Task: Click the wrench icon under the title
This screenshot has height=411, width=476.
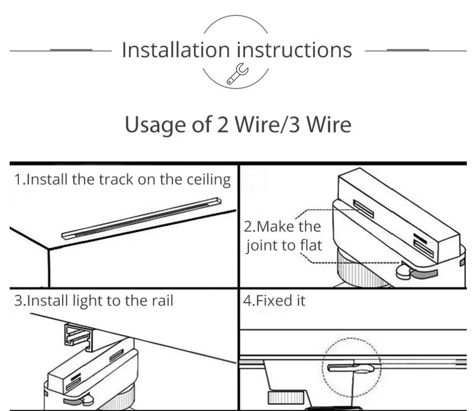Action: coord(237,76)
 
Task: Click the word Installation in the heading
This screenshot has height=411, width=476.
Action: coord(175,50)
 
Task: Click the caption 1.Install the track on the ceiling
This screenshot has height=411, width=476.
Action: coord(123,180)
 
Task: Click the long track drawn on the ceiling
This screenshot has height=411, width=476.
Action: coord(141,217)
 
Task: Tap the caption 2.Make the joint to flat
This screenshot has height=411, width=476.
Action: coord(283,236)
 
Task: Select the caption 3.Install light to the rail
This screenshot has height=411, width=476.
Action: coord(93,301)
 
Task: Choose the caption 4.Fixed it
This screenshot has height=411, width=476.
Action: coord(274,301)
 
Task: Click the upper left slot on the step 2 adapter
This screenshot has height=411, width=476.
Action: coord(363,209)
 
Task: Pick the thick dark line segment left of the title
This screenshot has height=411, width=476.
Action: coord(71,50)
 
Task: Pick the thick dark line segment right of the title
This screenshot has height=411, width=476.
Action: coord(408,50)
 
